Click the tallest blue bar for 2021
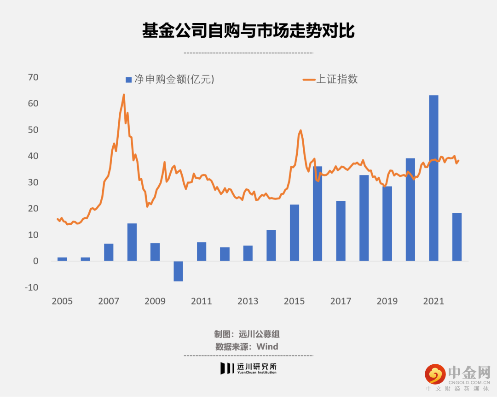click(433, 178)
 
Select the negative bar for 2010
click(178, 271)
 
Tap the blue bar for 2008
click(132, 242)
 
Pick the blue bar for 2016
click(317, 214)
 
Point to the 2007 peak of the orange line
click(124, 94)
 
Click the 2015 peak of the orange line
click(301, 130)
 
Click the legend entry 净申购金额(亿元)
click(170, 79)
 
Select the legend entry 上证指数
click(330, 79)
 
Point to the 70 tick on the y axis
click(33, 77)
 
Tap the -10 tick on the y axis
click(31, 287)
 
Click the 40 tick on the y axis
click(33, 156)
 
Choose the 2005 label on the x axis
click(62, 301)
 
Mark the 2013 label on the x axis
click(248, 301)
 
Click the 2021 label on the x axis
click(433, 301)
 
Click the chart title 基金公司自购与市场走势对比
click(248, 31)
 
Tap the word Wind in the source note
click(267, 346)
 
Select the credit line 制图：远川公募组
click(247, 334)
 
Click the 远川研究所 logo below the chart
click(248, 368)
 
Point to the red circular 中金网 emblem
click(435, 374)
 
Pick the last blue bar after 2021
click(457, 237)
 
